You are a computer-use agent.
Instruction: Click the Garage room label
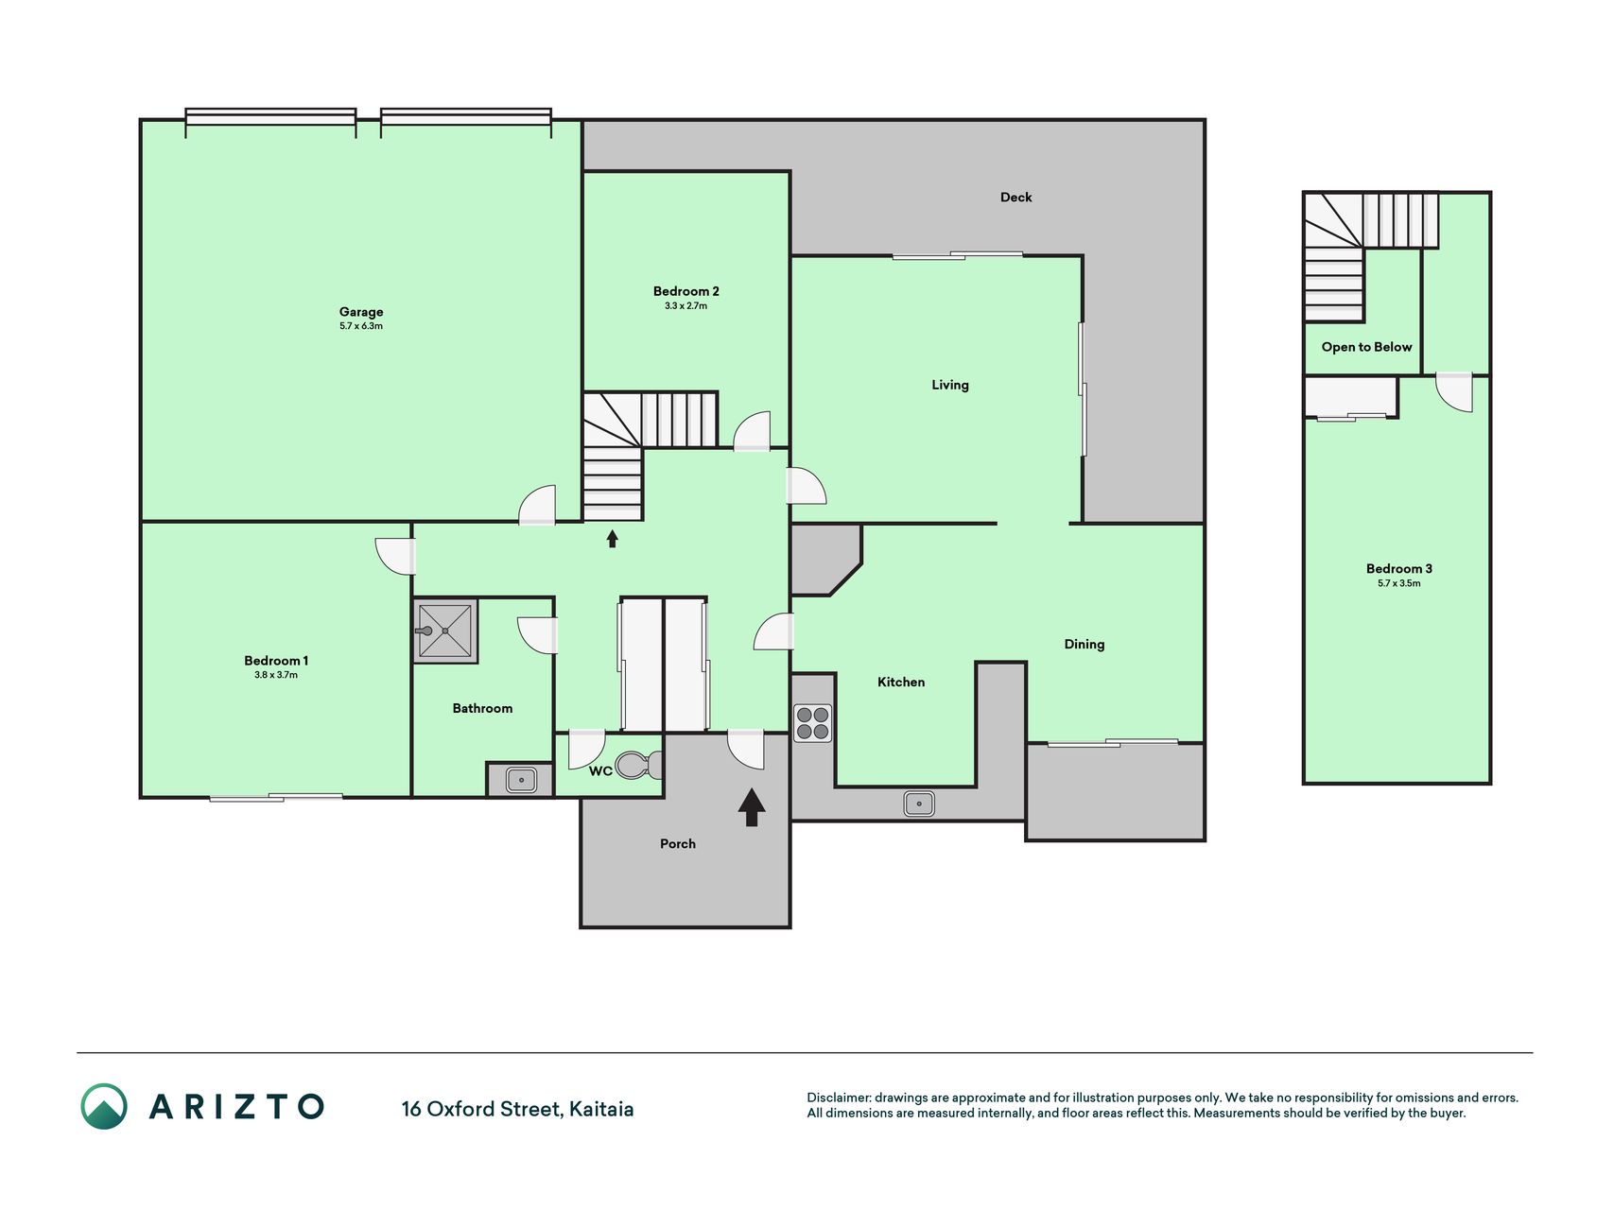(x=361, y=312)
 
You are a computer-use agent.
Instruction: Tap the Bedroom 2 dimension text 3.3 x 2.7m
(x=686, y=306)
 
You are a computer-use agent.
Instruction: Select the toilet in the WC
(x=638, y=764)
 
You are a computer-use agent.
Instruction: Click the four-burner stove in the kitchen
(x=812, y=723)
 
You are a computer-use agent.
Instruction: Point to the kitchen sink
(x=919, y=804)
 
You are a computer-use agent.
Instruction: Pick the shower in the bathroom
(x=444, y=631)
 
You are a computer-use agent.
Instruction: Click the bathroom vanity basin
(x=521, y=780)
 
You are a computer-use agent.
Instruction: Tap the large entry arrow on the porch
(x=752, y=807)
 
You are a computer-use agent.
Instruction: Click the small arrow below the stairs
(x=612, y=539)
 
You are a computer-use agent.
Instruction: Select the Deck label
(x=1016, y=198)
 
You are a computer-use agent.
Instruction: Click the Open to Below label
(x=1366, y=347)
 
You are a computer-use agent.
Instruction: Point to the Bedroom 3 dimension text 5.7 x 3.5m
(x=1399, y=583)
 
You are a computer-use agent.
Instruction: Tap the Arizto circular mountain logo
(x=104, y=1107)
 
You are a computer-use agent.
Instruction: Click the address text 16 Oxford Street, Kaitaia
(x=517, y=1109)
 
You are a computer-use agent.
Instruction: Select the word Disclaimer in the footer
(x=839, y=1098)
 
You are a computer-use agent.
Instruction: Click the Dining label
(x=1085, y=645)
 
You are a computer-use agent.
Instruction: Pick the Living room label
(x=950, y=385)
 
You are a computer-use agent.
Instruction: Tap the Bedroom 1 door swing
(x=395, y=556)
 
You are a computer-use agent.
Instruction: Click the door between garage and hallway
(x=537, y=505)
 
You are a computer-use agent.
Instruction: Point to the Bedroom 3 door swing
(x=1454, y=392)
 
